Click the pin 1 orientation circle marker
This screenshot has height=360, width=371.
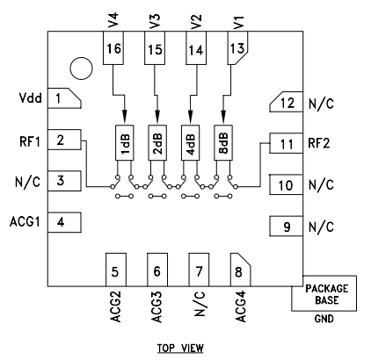pyautogui.click(x=80, y=67)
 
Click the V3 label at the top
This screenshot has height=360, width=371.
pyautogui.click(x=156, y=19)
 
